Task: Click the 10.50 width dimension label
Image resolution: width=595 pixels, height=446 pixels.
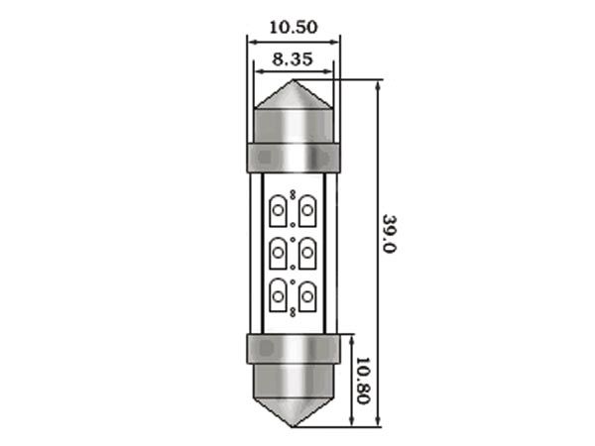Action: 293,28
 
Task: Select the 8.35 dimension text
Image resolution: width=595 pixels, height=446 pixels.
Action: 293,59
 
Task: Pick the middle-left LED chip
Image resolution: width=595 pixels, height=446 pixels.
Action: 279,252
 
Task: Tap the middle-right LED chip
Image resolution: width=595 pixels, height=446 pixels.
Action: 308,252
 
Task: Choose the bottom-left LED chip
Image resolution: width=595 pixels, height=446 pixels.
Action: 279,294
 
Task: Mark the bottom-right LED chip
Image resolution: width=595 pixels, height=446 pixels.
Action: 308,294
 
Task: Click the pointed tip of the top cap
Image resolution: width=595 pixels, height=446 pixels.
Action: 294,84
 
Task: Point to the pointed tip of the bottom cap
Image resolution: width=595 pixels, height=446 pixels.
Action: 294,426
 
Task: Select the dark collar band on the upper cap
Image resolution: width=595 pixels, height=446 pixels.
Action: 294,157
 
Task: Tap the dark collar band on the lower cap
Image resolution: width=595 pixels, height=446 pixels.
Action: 294,347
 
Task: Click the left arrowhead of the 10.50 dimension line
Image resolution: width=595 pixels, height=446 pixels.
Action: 251,41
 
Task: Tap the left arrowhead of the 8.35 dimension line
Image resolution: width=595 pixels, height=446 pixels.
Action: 258,71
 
